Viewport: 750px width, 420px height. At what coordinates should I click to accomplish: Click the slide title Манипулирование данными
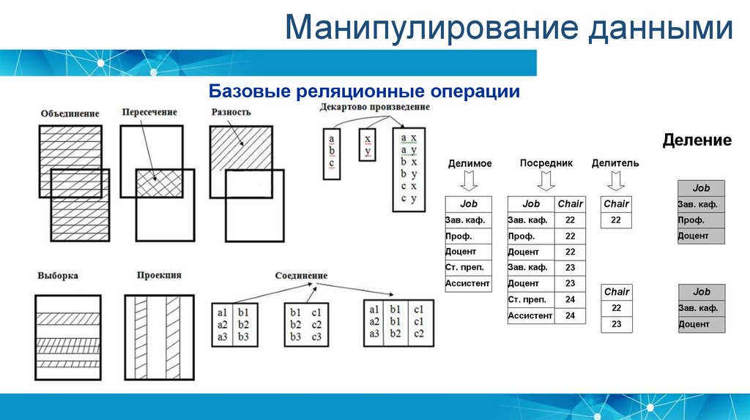tap(508, 29)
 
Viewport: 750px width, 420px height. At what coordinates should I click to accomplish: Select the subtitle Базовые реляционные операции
tap(364, 91)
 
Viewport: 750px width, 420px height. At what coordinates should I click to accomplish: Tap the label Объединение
tap(70, 114)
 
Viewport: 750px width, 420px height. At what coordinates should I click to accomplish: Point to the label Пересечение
tap(149, 112)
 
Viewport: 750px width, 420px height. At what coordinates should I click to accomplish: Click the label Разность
tap(231, 112)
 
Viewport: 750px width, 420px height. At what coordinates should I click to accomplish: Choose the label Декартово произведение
tap(375, 107)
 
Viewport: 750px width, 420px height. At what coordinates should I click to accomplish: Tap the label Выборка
tap(58, 276)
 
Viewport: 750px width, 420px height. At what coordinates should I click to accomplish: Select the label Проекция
tap(159, 275)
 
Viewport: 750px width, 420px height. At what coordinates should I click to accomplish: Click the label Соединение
tap(301, 276)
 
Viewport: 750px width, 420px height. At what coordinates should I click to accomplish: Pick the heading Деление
tap(697, 140)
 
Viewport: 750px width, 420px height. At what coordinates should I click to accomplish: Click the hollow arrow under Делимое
tap(469, 179)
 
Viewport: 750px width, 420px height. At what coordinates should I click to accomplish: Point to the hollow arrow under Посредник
tap(546, 179)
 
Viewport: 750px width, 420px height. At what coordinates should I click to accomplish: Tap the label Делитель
tap(615, 163)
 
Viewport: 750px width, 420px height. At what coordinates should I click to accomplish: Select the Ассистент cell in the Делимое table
tap(468, 283)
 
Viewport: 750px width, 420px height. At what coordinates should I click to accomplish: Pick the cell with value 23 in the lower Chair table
tap(616, 323)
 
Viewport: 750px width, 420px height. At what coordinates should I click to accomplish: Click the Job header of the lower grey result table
tap(701, 292)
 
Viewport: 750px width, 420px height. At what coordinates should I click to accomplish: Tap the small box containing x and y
tap(368, 145)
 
